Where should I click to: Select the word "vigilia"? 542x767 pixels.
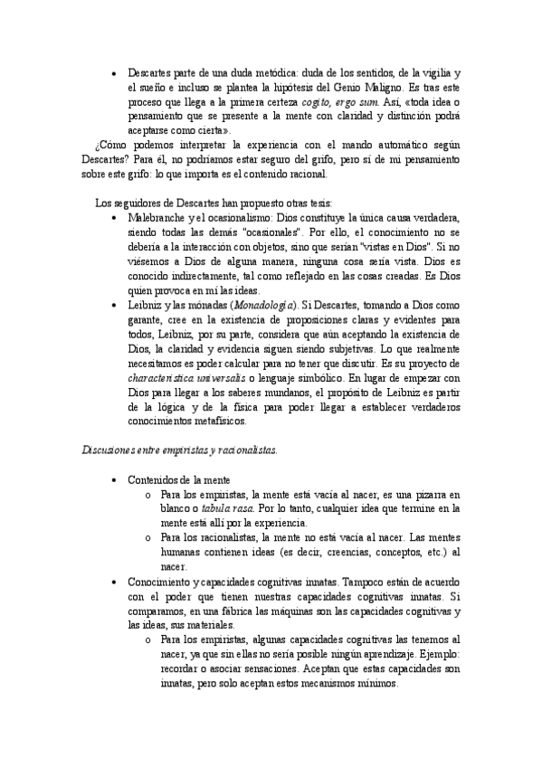[433, 71]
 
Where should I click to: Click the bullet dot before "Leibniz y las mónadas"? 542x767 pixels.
[112, 305]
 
